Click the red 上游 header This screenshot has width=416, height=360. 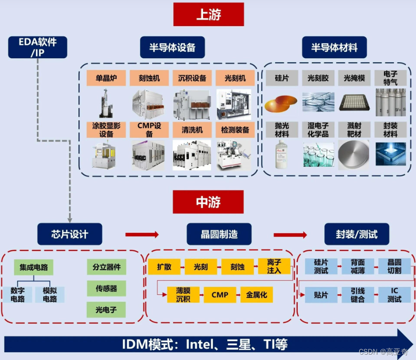[x=208, y=14]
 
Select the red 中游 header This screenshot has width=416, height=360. [x=208, y=202]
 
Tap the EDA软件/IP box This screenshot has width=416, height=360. [x=37, y=47]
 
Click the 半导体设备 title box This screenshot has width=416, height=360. [x=172, y=47]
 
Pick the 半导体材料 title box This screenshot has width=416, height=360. [x=334, y=47]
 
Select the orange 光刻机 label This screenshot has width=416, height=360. [x=235, y=78]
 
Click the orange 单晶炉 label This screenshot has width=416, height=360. [x=106, y=78]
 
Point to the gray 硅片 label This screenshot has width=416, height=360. [x=281, y=78]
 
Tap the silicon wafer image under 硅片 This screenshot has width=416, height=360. [x=281, y=103]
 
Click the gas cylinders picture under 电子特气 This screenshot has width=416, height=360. [x=390, y=102]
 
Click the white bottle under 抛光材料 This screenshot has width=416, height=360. [x=281, y=154]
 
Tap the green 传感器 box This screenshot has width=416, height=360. [x=106, y=288]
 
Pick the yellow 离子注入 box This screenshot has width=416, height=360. [x=274, y=266]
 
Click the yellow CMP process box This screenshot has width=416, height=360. [x=220, y=294]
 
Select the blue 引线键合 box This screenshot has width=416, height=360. [x=358, y=295]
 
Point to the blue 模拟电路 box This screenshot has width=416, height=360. [x=50, y=294]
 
